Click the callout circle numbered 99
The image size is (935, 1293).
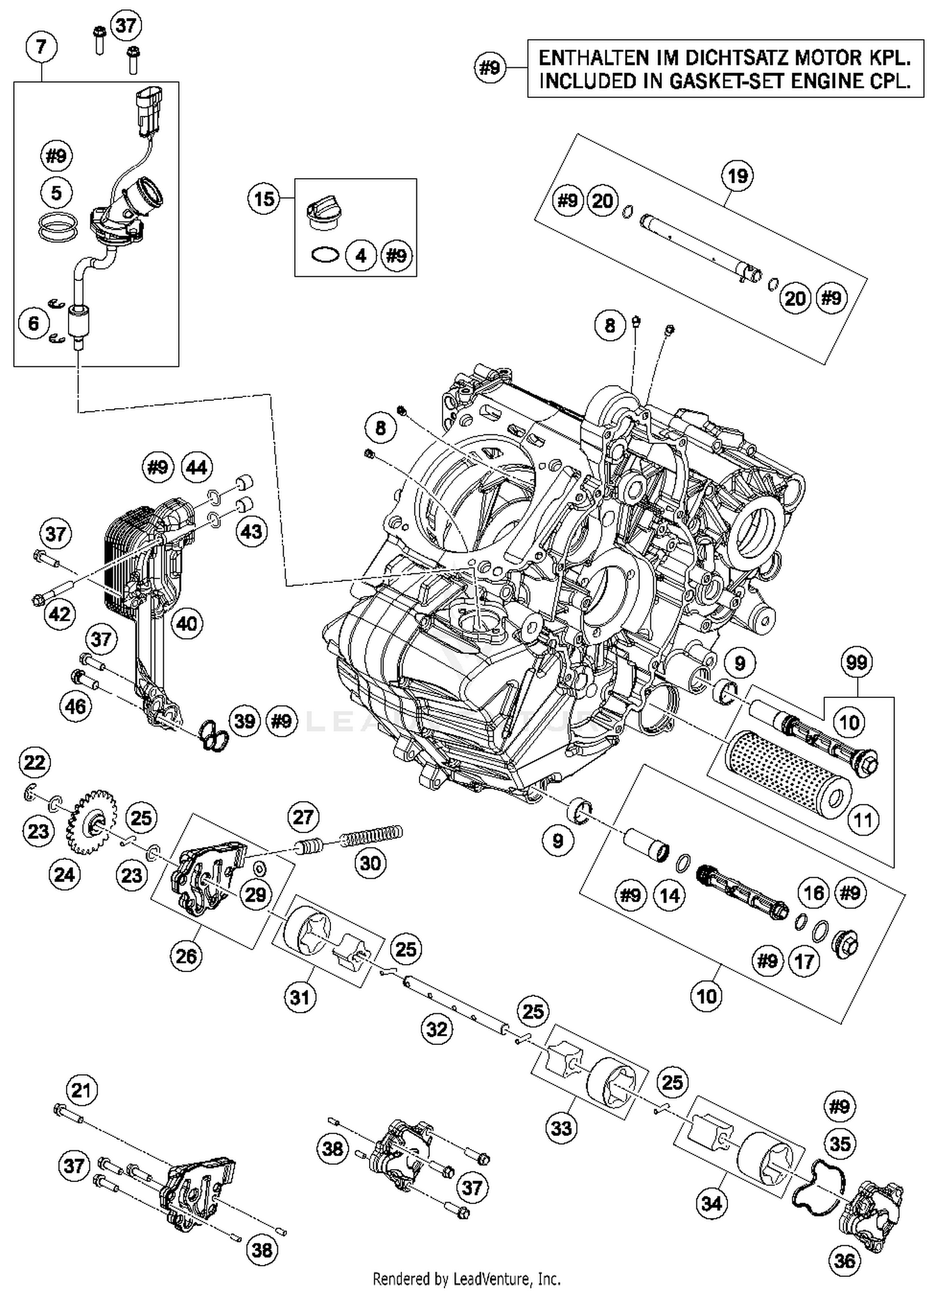tap(856, 662)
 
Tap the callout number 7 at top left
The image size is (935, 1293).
tap(41, 47)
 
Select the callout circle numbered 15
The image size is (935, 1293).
tap(264, 199)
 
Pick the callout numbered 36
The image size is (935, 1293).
tap(844, 1261)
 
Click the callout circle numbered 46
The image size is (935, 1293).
tap(75, 706)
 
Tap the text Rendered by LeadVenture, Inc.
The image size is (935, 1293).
tap(466, 1279)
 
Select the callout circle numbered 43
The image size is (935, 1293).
tap(251, 532)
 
